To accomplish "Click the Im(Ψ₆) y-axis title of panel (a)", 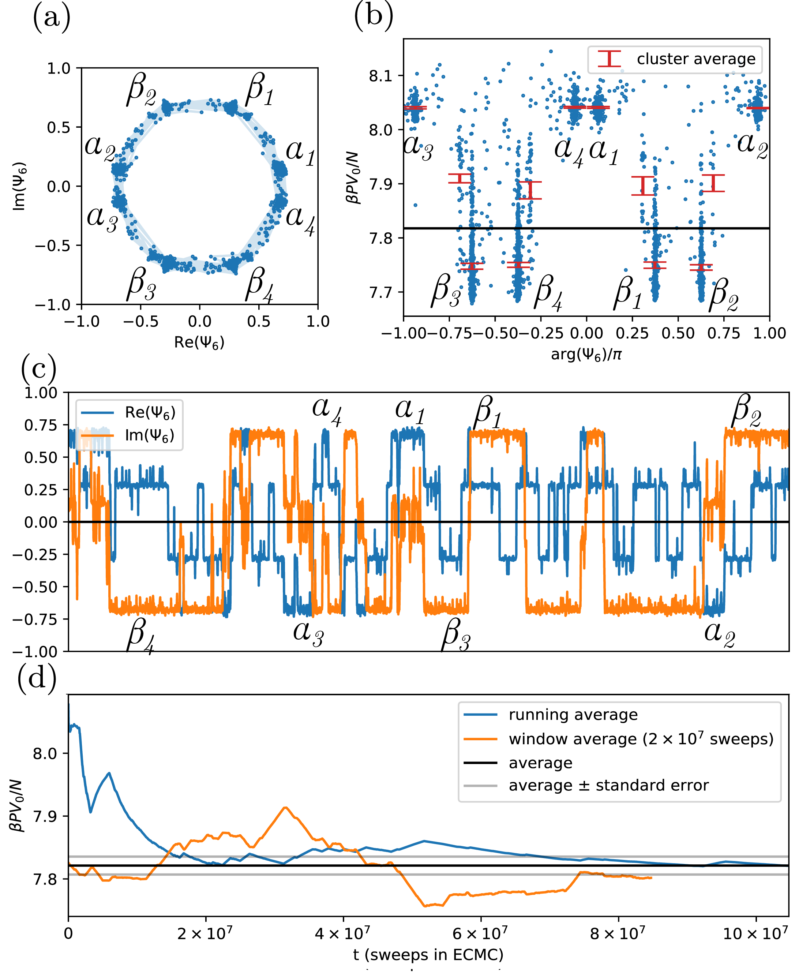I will (x=19, y=186).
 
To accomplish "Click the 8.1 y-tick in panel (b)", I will (x=381, y=76).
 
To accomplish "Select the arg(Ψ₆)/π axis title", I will (x=586, y=355).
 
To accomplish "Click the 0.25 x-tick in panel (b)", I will (x=632, y=333).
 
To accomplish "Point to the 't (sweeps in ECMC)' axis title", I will (x=428, y=955).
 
